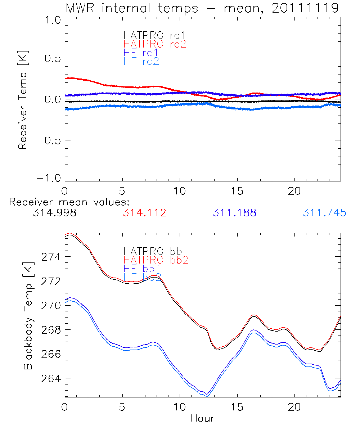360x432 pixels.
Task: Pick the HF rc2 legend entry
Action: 141,61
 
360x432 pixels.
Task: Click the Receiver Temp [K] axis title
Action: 23,99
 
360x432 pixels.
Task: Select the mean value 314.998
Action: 54,213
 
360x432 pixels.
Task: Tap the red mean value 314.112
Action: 144,213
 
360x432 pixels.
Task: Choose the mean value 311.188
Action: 234,213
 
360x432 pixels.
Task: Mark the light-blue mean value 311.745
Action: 324,213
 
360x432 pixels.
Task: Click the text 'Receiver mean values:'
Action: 69,202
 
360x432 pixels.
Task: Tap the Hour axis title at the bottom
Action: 202,418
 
